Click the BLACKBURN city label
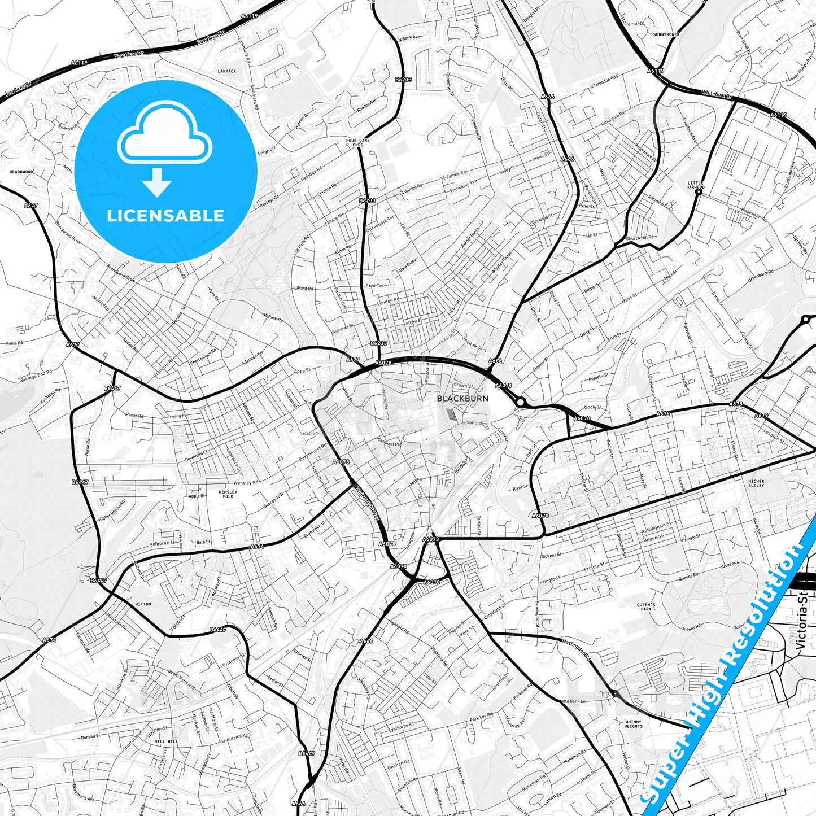click(x=462, y=398)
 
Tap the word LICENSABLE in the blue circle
click(x=165, y=216)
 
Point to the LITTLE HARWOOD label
click(x=696, y=185)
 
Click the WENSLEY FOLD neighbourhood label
click(x=228, y=494)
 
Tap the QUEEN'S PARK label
click(x=646, y=607)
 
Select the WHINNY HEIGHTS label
click(x=634, y=724)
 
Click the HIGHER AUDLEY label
click(x=756, y=483)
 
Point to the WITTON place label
click(x=143, y=604)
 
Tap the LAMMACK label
click(x=227, y=71)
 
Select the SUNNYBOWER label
click(x=666, y=34)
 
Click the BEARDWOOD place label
click(x=21, y=172)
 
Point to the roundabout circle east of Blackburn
click(x=520, y=402)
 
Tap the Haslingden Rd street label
click(x=576, y=649)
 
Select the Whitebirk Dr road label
click(x=716, y=94)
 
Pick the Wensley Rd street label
click(x=246, y=483)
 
